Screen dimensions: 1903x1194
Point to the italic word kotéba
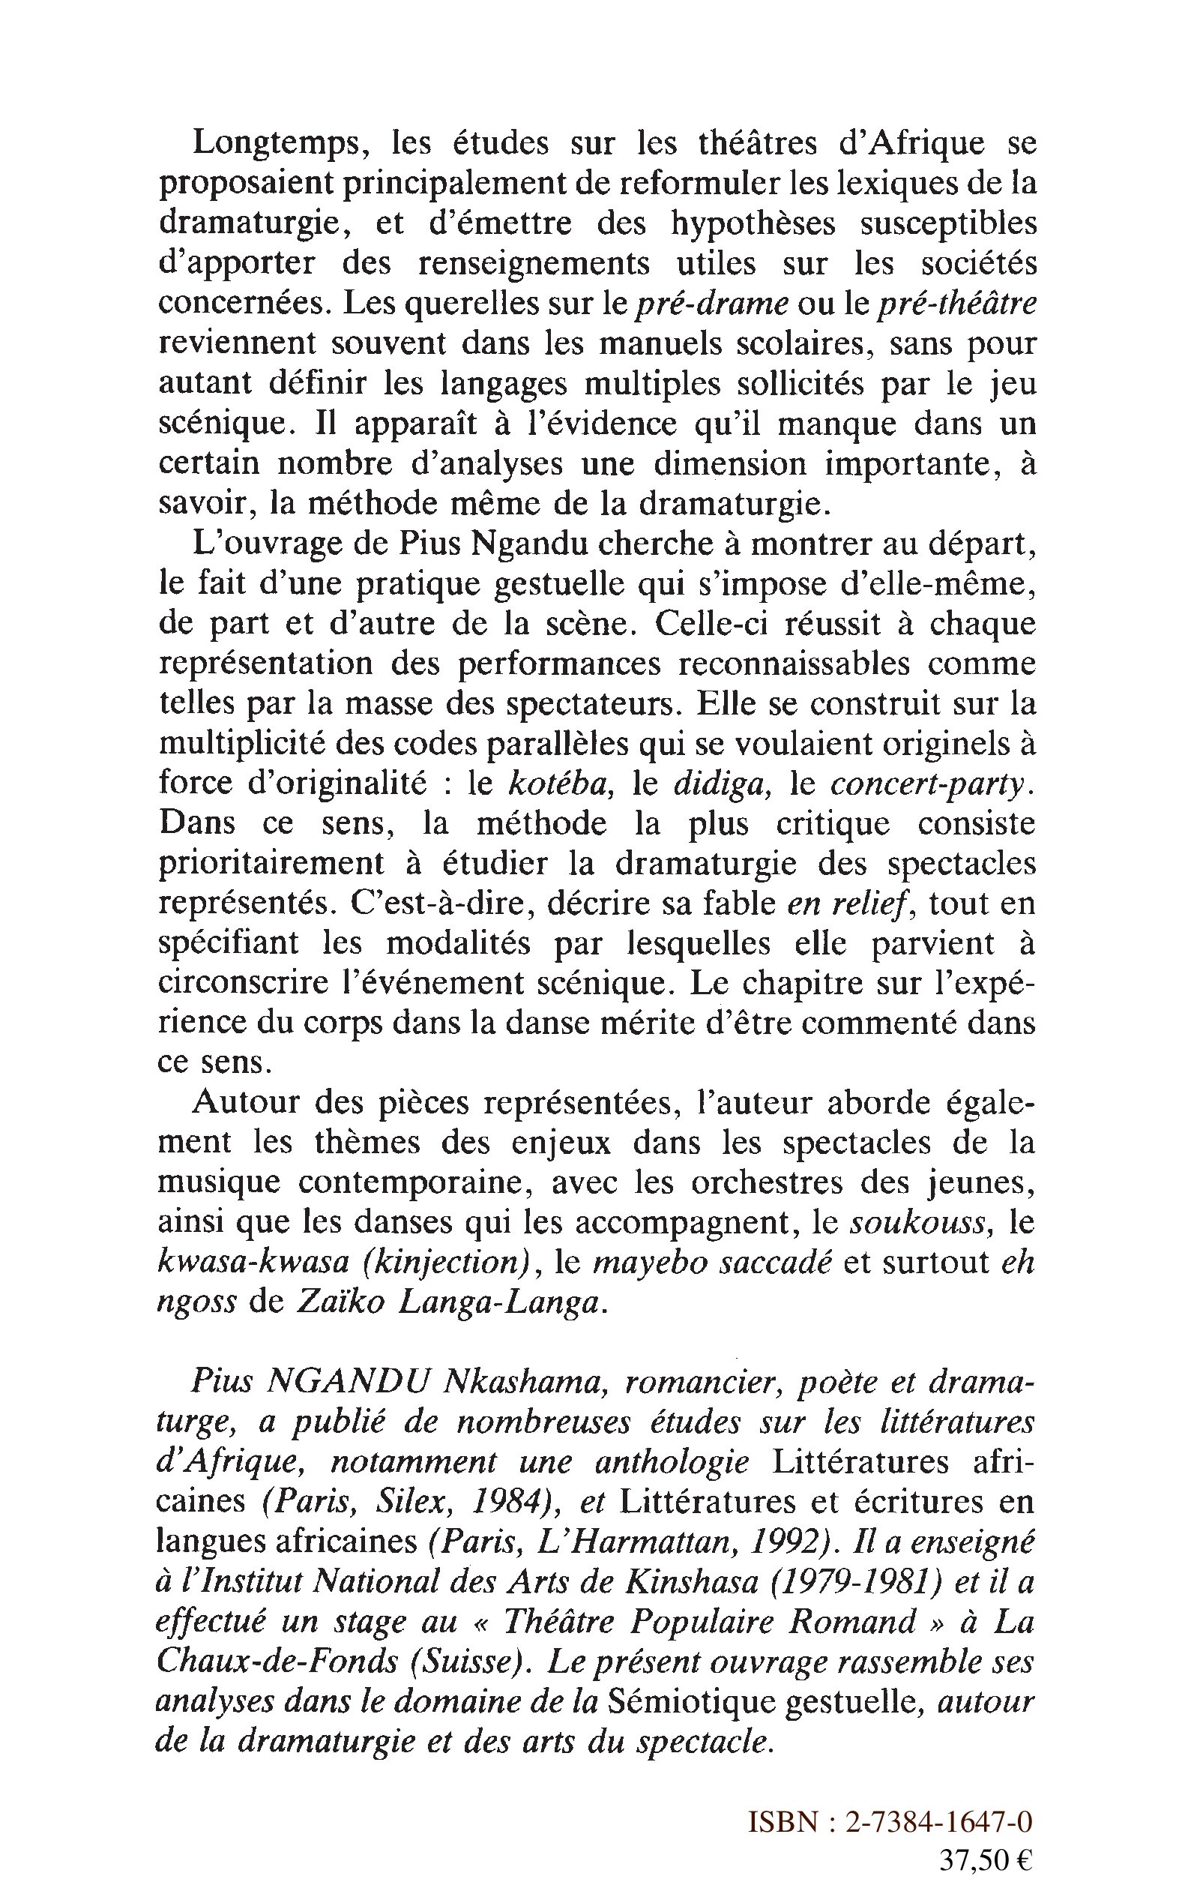coord(557,784)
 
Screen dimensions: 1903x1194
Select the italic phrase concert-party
coord(931,784)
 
